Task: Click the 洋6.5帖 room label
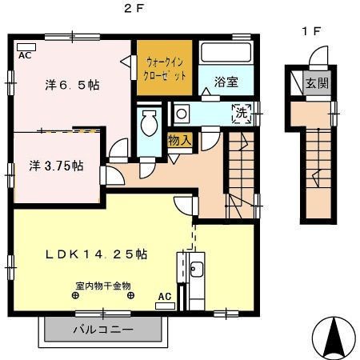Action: [72, 85]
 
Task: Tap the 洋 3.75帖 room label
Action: [56, 166]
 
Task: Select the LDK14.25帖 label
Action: [96, 254]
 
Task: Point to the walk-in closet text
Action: [165, 69]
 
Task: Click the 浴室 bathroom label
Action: [226, 82]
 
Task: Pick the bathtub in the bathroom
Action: [226, 52]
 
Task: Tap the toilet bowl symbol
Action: [149, 123]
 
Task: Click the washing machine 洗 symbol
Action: [242, 114]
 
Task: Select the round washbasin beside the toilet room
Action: [182, 114]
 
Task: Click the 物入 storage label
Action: [180, 140]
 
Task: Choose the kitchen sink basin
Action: [197, 270]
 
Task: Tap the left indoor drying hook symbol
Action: [75, 295]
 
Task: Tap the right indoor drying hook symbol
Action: [130, 295]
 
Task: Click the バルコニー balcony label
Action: [103, 330]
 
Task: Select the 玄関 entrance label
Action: [317, 83]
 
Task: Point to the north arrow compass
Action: [334, 338]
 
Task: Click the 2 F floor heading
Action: [134, 9]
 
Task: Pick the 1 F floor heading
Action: [310, 31]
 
